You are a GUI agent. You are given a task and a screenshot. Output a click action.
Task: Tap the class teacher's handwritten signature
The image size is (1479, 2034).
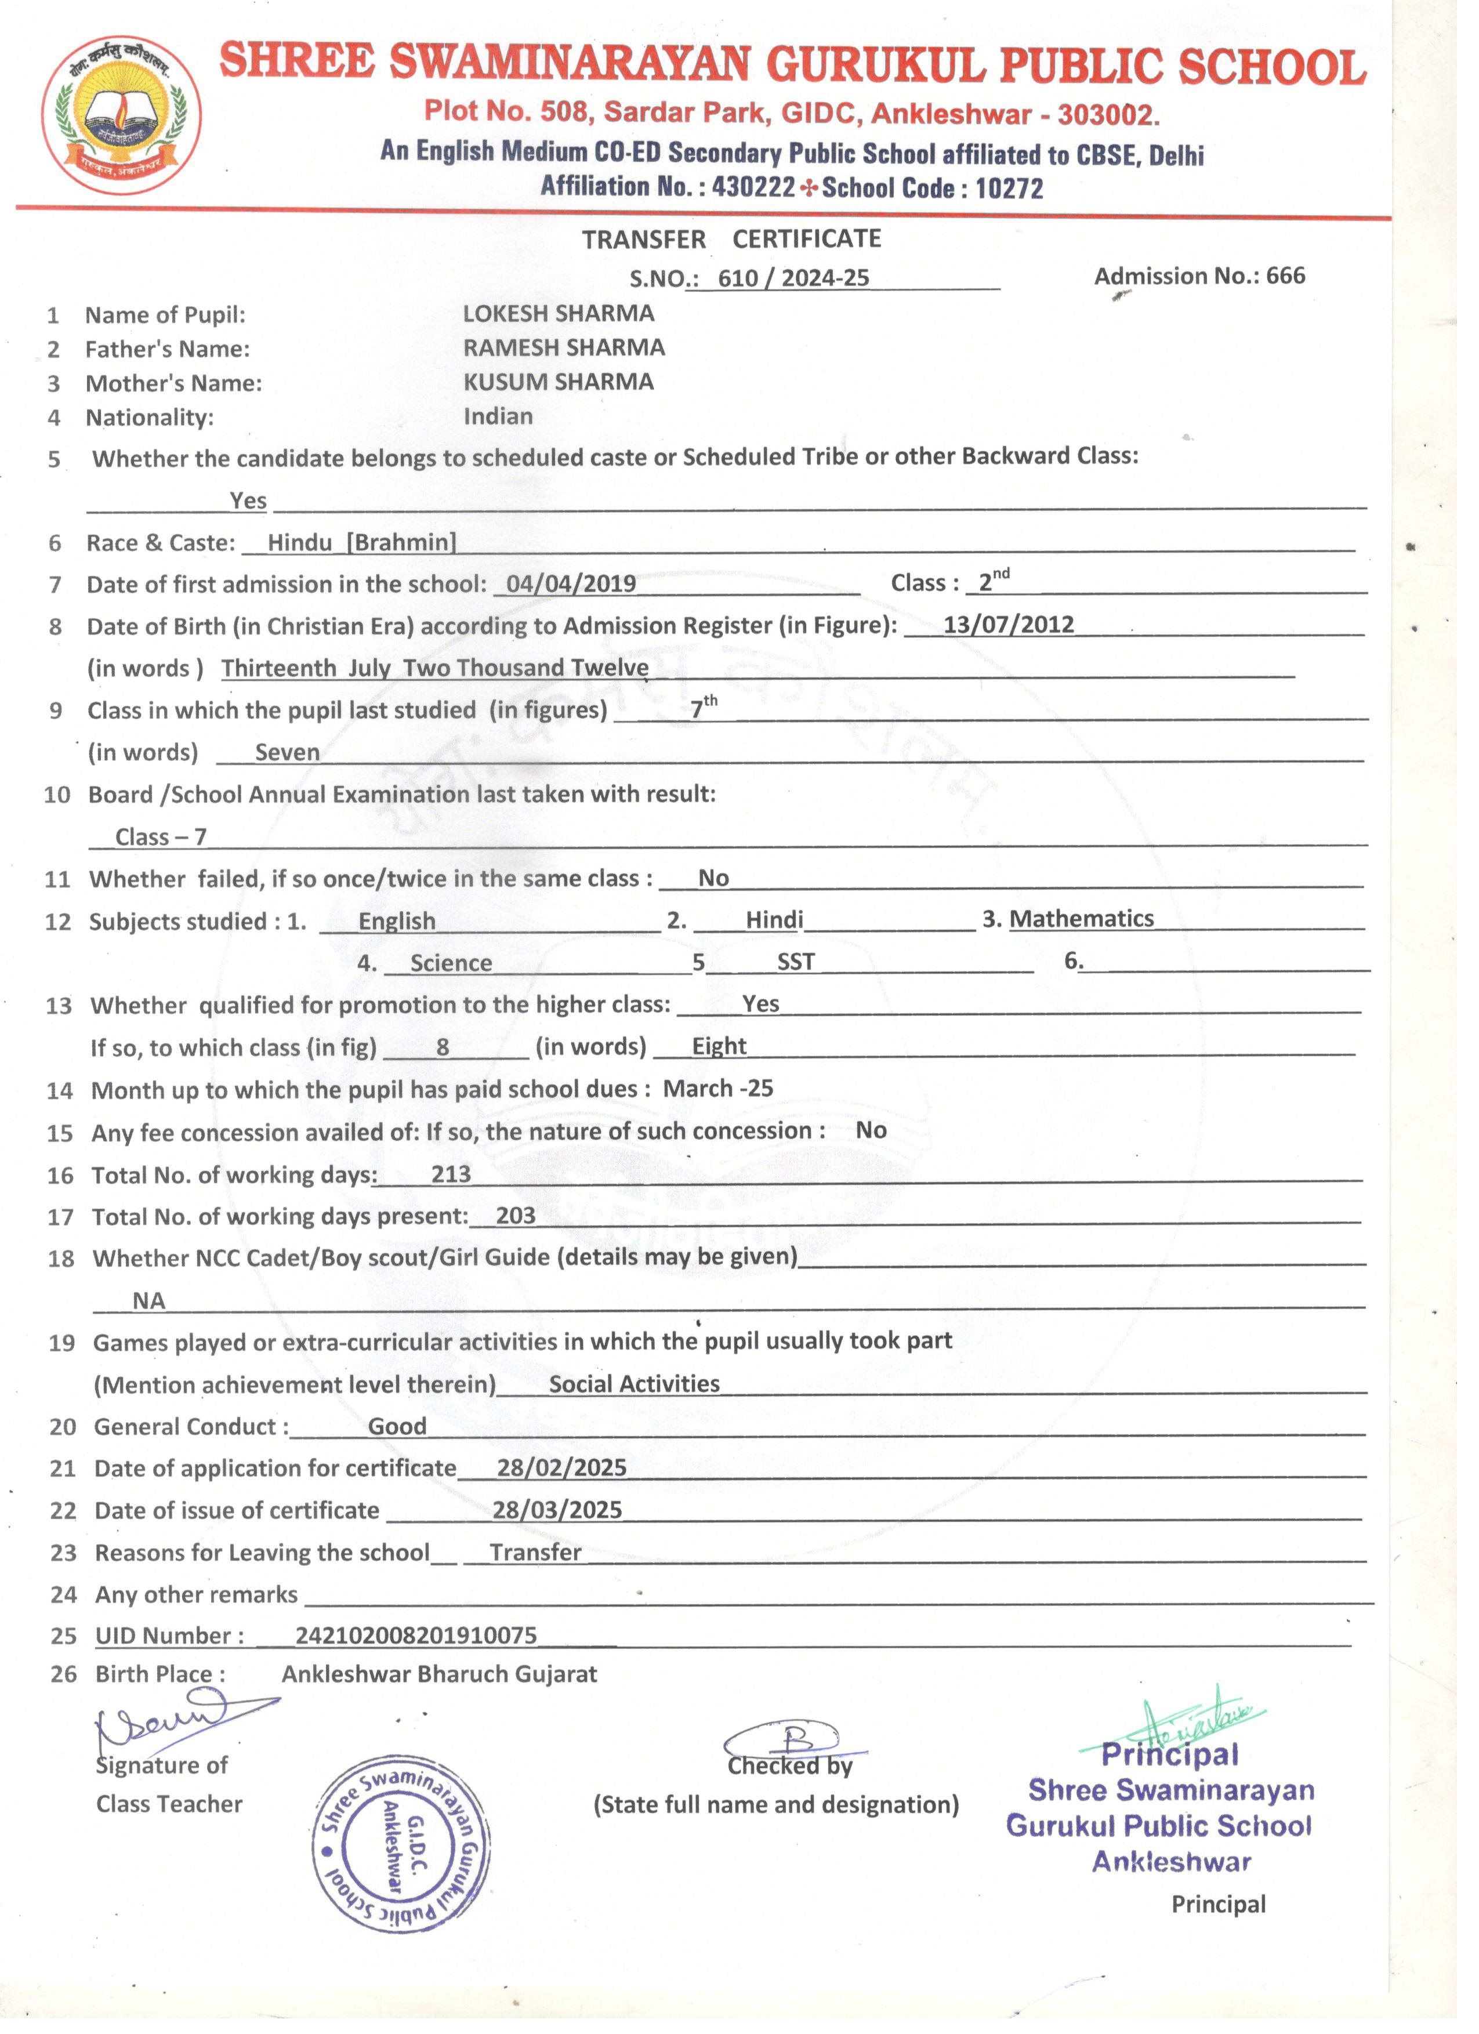[171, 1718]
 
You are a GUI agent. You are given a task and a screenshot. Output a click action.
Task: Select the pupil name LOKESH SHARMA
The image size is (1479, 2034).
[558, 314]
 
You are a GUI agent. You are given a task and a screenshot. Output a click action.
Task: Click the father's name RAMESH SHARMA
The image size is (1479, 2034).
[563, 348]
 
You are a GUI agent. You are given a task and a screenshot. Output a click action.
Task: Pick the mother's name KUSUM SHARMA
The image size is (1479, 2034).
[558, 382]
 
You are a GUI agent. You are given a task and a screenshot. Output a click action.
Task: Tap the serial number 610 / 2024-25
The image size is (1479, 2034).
[793, 278]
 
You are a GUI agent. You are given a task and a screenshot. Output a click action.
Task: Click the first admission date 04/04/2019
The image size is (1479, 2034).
[571, 584]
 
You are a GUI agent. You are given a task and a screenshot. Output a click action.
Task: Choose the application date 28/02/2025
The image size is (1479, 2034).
[561, 1467]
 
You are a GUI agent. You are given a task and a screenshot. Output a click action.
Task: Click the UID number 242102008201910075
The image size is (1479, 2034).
[416, 1635]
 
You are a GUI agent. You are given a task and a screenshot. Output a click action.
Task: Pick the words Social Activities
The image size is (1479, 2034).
[634, 1384]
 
